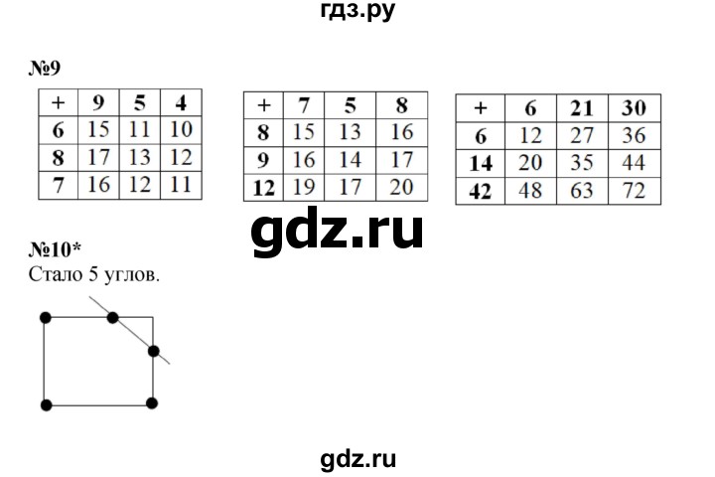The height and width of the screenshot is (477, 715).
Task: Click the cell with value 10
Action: [x=181, y=127]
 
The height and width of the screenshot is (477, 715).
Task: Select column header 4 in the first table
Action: [x=181, y=100]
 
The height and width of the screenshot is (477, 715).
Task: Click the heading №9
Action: [x=47, y=68]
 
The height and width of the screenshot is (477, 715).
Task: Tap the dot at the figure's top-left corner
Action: [x=45, y=317]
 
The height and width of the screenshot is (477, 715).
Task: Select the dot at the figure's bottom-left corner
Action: [x=45, y=404]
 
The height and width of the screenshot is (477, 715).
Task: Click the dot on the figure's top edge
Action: [x=112, y=317]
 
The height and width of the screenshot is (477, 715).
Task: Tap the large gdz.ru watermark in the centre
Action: [x=338, y=231]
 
